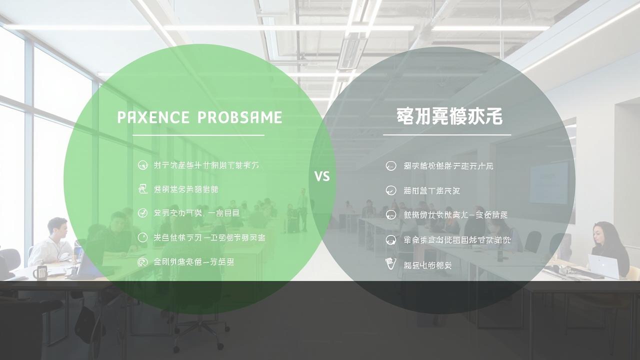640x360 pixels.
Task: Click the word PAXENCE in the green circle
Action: [x=153, y=117]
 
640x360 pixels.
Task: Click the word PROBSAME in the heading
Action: [x=240, y=117]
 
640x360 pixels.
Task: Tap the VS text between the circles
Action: [x=322, y=176]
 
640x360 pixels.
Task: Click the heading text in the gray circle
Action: [x=449, y=116]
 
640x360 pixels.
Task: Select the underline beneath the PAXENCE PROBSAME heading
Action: [x=198, y=135]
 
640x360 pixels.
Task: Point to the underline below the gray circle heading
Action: [x=447, y=134]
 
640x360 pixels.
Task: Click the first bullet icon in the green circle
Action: [x=142, y=165]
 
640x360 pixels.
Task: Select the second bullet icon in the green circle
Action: [x=142, y=189]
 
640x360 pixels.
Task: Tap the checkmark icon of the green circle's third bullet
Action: [x=142, y=213]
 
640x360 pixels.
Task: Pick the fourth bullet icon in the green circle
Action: [x=142, y=237]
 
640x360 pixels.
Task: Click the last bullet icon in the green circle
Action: [x=142, y=261]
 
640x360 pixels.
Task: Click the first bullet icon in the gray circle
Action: [x=391, y=166]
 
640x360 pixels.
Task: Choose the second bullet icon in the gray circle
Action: [x=391, y=190]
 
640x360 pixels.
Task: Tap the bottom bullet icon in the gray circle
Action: [x=391, y=264]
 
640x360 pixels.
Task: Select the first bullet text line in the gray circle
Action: [x=448, y=166]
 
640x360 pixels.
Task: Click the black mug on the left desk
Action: [x=40, y=272]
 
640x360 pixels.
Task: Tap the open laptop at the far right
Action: [x=602, y=266]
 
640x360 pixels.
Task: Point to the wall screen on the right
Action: [x=548, y=182]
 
